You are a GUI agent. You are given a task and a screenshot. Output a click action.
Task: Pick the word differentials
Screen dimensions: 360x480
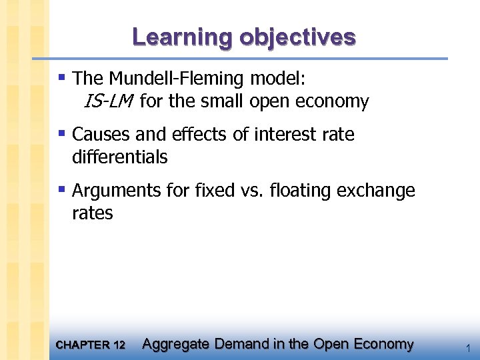pos(119,157)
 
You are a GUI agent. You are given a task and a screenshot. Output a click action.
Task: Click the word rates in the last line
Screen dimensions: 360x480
pos(92,213)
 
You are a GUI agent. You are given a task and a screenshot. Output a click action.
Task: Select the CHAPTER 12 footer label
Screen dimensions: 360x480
pos(91,345)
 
